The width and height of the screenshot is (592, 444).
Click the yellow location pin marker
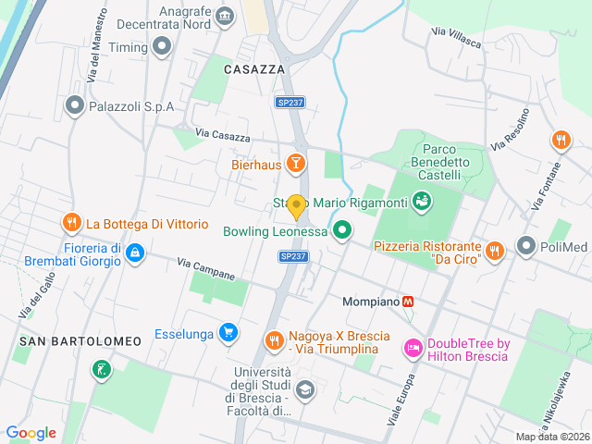pos(296,205)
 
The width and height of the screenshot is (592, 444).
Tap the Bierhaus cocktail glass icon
pos(296,165)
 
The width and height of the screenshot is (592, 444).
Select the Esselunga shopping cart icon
pos(228,333)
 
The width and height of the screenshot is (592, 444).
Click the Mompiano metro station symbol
pos(407,302)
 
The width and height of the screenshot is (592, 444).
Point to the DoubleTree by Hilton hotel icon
pos(413,349)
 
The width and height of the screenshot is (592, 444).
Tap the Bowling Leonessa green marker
pos(342,231)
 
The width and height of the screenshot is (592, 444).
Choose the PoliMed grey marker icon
pos(526,246)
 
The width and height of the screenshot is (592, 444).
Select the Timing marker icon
pos(163,46)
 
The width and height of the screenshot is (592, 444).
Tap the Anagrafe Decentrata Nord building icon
pos(224,16)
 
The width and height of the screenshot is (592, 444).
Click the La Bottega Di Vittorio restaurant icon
pos(71,223)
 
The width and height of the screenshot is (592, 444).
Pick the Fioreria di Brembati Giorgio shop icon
pos(135,253)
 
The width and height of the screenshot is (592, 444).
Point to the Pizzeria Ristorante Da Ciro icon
pos(495,251)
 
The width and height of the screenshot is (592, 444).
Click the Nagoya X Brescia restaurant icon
pos(273,341)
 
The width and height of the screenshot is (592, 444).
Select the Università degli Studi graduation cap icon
pos(305,389)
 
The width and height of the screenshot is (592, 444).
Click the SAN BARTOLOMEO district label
pos(80,341)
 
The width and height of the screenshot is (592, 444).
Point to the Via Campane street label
pos(206,269)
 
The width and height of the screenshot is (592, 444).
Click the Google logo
pos(31,432)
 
